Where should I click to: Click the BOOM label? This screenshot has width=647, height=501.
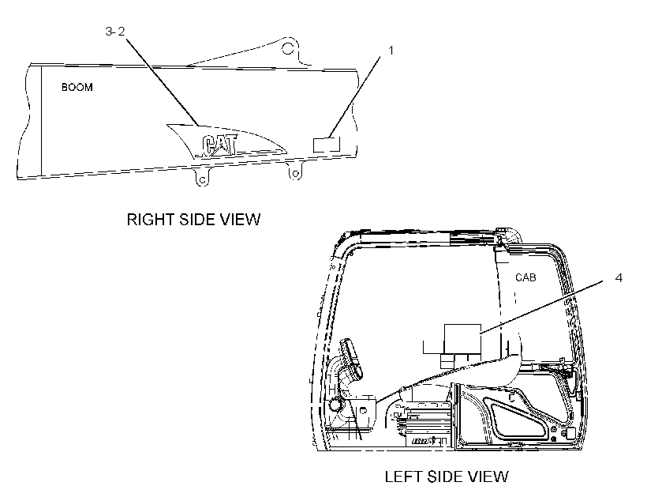pos(77,87)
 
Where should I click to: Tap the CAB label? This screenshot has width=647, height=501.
pos(525,277)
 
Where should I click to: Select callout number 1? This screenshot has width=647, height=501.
pos(391,51)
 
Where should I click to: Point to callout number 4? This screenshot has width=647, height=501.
pos(618,278)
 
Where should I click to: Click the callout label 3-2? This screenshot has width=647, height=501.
pos(115,32)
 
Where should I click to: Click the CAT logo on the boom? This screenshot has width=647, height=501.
pos(219,145)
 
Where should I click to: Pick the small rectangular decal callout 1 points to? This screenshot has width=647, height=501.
pos(327,145)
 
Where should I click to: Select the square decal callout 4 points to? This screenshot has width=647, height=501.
pos(462,339)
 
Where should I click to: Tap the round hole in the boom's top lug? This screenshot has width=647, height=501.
pos(288,48)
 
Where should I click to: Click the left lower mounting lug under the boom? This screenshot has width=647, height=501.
pos(201,177)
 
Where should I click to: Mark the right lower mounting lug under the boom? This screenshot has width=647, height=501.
pos(294,171)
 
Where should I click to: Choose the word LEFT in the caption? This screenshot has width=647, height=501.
pos(404,477)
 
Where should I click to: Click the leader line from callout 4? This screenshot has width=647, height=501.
pos(543,306)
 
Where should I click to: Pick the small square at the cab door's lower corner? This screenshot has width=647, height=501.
pos(570,433)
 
